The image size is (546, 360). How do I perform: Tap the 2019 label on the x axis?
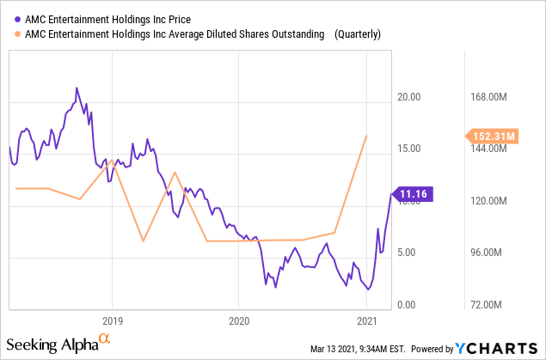click(x=111, y=320)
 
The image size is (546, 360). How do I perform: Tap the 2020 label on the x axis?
click(x=239, y=320)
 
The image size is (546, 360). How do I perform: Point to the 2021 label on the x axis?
click(x=367, y=320)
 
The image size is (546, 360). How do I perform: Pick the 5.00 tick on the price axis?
click(x=409, y=253)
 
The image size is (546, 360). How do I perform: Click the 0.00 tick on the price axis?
click(x=409, y=305)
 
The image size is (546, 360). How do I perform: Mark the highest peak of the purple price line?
click(x=77, y=88)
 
